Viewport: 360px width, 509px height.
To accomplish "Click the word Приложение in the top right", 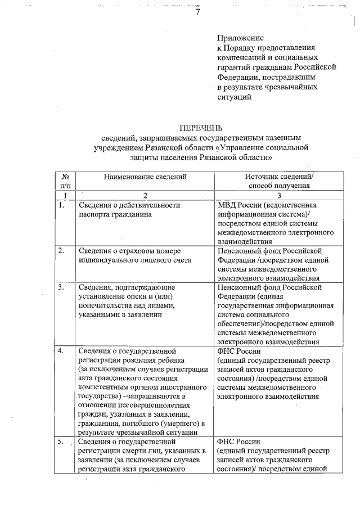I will coord(238,37).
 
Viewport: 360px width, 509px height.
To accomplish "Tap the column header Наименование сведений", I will coord(145,177).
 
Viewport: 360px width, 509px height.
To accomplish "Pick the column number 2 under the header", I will coord(145,195).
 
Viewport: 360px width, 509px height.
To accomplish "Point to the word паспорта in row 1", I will coord(94,214).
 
